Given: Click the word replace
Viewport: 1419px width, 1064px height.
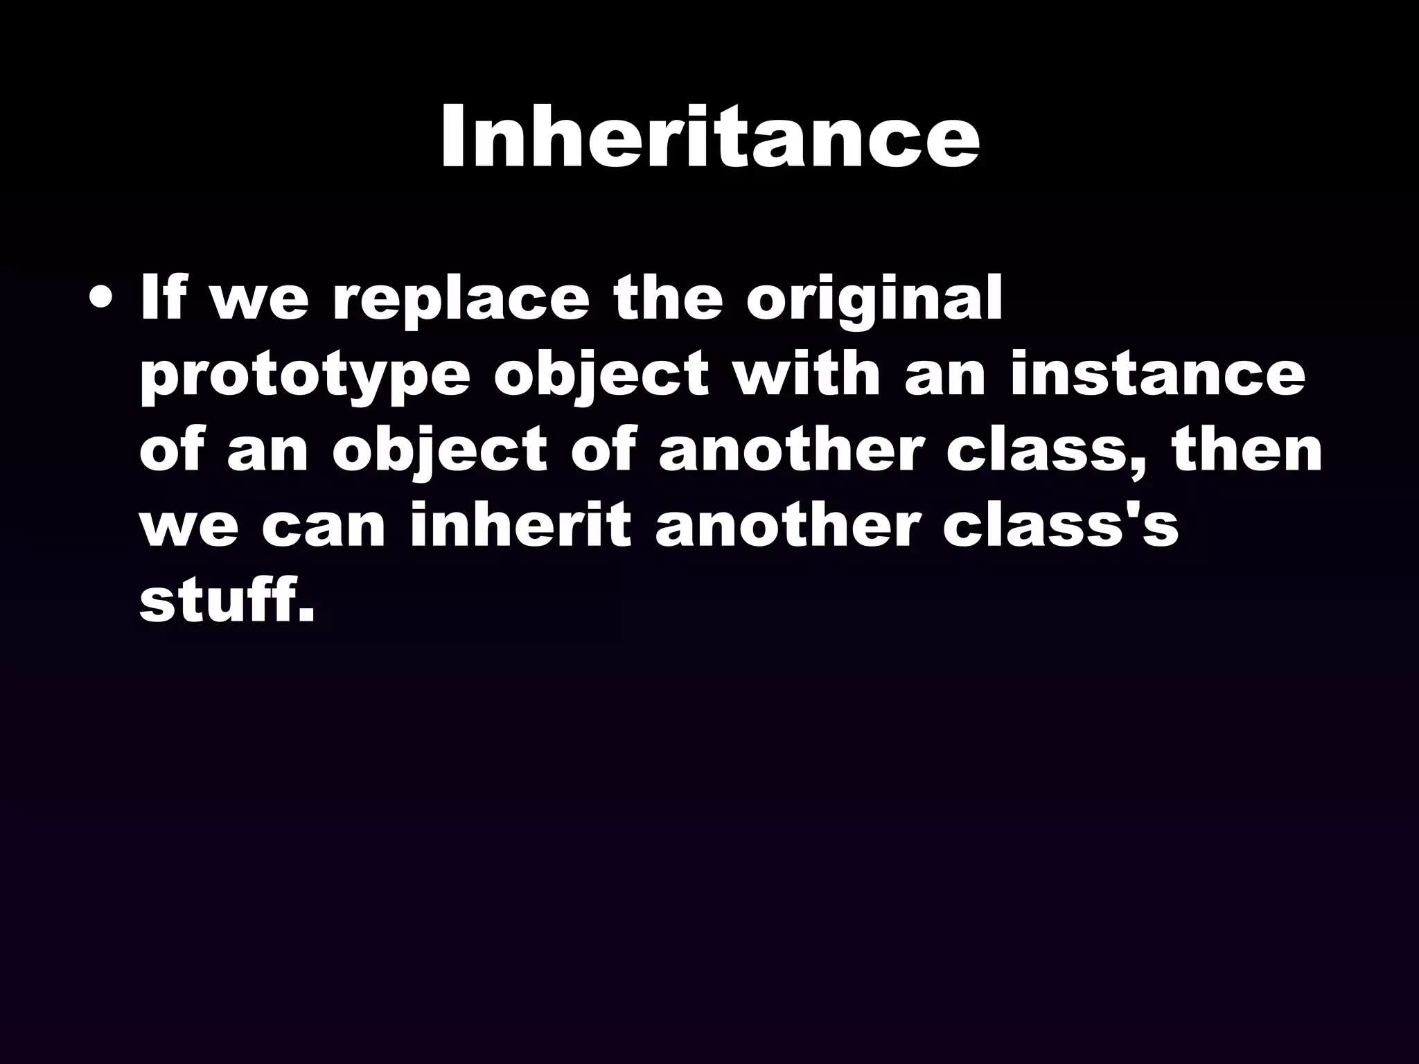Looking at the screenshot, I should pos(461,301).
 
